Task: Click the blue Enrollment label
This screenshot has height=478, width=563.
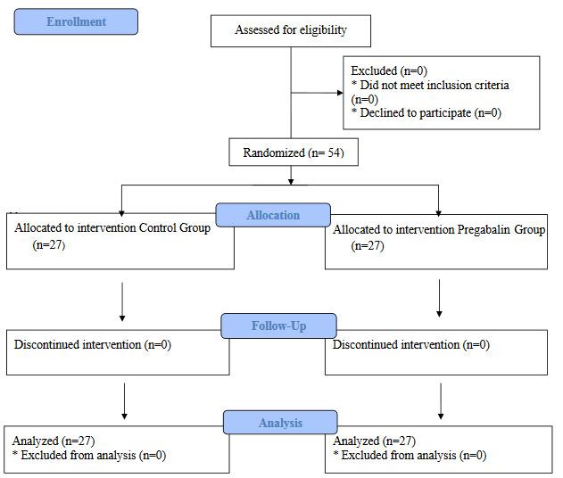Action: point(76,21)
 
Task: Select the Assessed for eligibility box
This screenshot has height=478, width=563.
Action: point(290,30)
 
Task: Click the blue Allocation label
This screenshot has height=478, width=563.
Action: point(274,215)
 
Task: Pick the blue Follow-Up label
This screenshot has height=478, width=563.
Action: point(278,326)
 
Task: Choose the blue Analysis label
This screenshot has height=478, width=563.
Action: point(280,423)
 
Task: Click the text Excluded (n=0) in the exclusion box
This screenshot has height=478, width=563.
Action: point(386,70)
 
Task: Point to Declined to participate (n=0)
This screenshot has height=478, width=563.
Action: point(426,113)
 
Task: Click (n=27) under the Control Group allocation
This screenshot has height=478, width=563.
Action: point(49,243)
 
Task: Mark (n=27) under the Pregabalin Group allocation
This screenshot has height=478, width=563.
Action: point(368,245)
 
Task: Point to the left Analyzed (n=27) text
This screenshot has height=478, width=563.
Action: point(54,441)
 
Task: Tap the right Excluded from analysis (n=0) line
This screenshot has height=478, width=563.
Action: point(410,455)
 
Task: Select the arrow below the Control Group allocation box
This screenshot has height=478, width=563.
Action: point(122,305)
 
